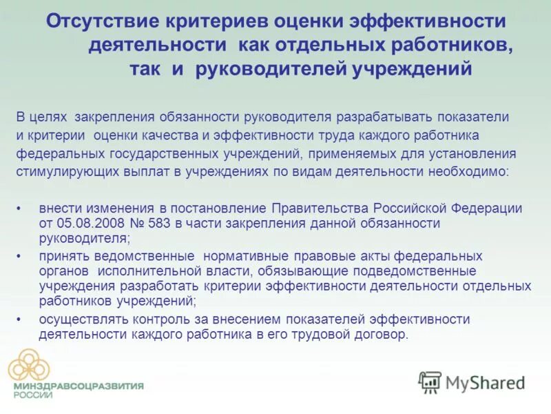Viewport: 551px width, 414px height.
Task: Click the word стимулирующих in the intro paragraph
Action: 57,170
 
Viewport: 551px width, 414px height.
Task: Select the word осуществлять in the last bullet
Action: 74,319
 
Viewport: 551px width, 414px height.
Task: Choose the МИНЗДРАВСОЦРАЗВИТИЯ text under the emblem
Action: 79,386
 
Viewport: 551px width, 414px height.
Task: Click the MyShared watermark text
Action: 486,382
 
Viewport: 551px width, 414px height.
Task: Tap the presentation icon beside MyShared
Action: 430,382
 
